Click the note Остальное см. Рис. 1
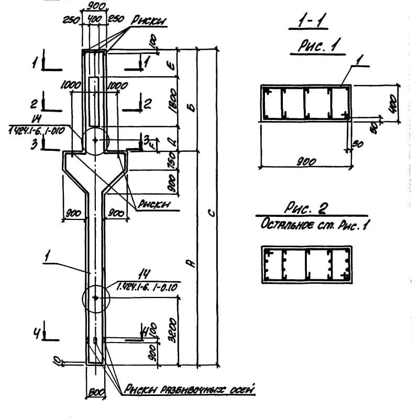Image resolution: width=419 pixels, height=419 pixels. tap(306, 224)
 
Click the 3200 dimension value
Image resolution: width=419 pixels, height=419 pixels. tap(175, 328)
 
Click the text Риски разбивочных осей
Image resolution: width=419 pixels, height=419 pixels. tap(189, 389)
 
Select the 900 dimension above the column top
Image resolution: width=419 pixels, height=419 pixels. tap(95, 6)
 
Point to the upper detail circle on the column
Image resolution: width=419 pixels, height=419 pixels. tap(95, 140)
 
